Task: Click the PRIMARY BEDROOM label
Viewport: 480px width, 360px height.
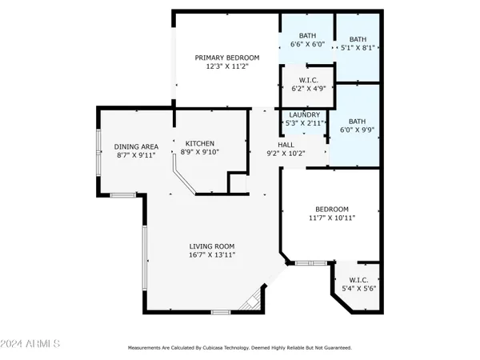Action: pos(228,58)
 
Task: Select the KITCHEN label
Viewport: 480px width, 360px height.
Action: pos(200,143)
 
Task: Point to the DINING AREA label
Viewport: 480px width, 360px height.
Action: pos(136,146)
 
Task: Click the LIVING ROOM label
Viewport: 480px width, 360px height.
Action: pos(211,246)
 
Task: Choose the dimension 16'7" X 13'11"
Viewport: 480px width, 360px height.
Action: pos(211,255)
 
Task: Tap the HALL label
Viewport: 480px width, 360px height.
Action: pos(286,145)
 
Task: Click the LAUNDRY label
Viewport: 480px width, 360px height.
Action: pos(304,114)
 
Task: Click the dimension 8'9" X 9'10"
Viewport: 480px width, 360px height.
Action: pos(200,153)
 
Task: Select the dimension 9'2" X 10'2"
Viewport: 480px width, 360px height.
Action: pos(286,154)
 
